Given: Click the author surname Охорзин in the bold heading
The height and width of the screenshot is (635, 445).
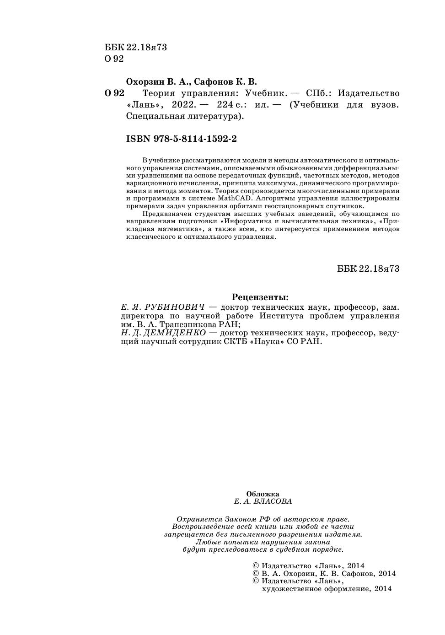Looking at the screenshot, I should [x=144, y=82].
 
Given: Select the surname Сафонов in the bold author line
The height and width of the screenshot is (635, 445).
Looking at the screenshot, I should [x=214, y=82].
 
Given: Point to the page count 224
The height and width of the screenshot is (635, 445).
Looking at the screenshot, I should [x=225, y=105].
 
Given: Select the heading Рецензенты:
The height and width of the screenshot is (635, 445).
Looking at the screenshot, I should [x=260, y=297].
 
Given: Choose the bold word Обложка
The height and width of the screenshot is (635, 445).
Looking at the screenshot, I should [x=263, y=494].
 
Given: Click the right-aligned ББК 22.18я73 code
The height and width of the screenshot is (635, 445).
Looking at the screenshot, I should [x=368, y=269].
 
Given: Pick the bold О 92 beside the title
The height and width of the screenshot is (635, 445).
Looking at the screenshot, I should [x=114, y=93].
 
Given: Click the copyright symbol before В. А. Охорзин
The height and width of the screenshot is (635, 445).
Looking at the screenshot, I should [x=256, y=574].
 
